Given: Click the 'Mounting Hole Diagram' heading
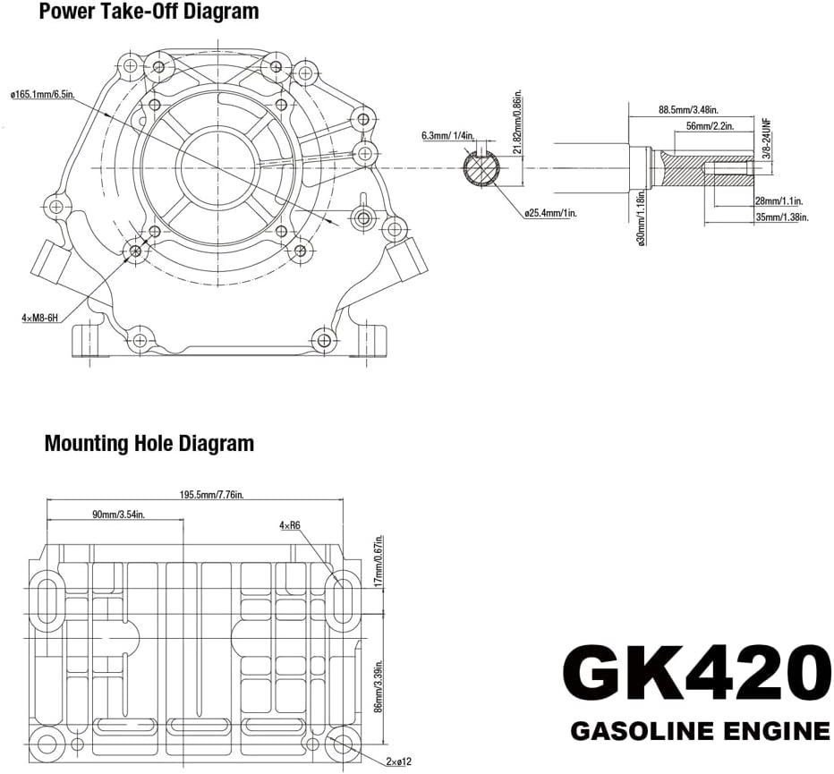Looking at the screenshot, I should [x=149, y=443].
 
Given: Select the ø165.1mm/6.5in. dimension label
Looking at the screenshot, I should [x=54, y=94].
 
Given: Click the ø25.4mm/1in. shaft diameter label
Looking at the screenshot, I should [x=550, y=212].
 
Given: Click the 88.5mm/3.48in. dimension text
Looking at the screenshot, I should [x=687, y=110].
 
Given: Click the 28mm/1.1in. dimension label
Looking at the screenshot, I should [x=779, y=200].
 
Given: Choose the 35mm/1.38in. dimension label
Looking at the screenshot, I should [x=780, y=217].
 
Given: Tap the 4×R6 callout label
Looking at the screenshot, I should [x=289, y=525].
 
